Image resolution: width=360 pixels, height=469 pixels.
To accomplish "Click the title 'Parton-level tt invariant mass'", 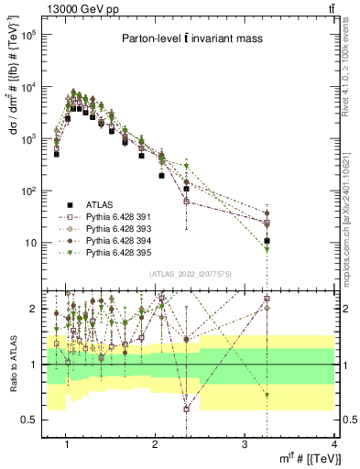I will point(192,39).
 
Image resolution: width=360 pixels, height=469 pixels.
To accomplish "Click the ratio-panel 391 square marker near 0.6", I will point(187,409).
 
